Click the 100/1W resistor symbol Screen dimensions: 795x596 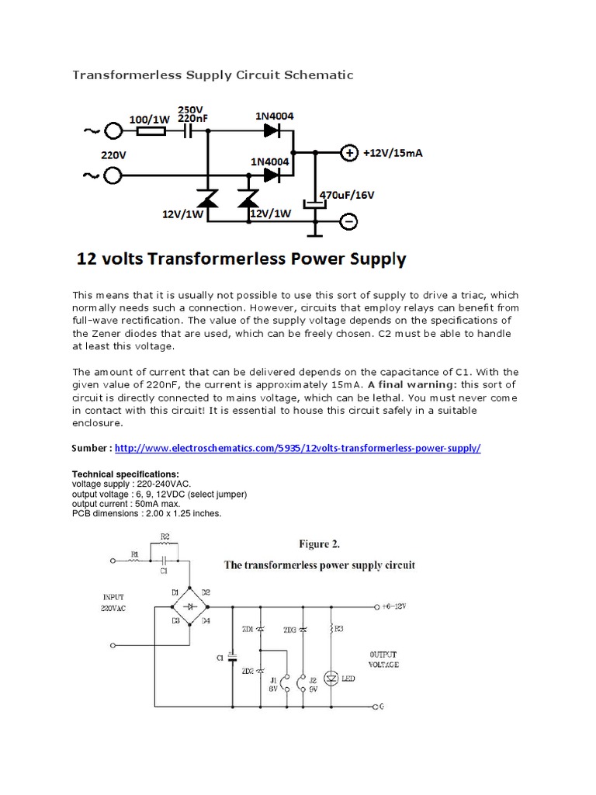150,132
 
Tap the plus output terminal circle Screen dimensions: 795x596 349,153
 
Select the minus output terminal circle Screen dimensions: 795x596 349,222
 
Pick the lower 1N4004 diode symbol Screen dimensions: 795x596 270,175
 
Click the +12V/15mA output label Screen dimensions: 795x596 393,153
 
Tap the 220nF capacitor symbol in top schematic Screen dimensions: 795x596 187,132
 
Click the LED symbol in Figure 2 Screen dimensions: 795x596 331,678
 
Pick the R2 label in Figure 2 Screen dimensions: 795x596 165,536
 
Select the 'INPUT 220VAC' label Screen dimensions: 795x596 113,602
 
